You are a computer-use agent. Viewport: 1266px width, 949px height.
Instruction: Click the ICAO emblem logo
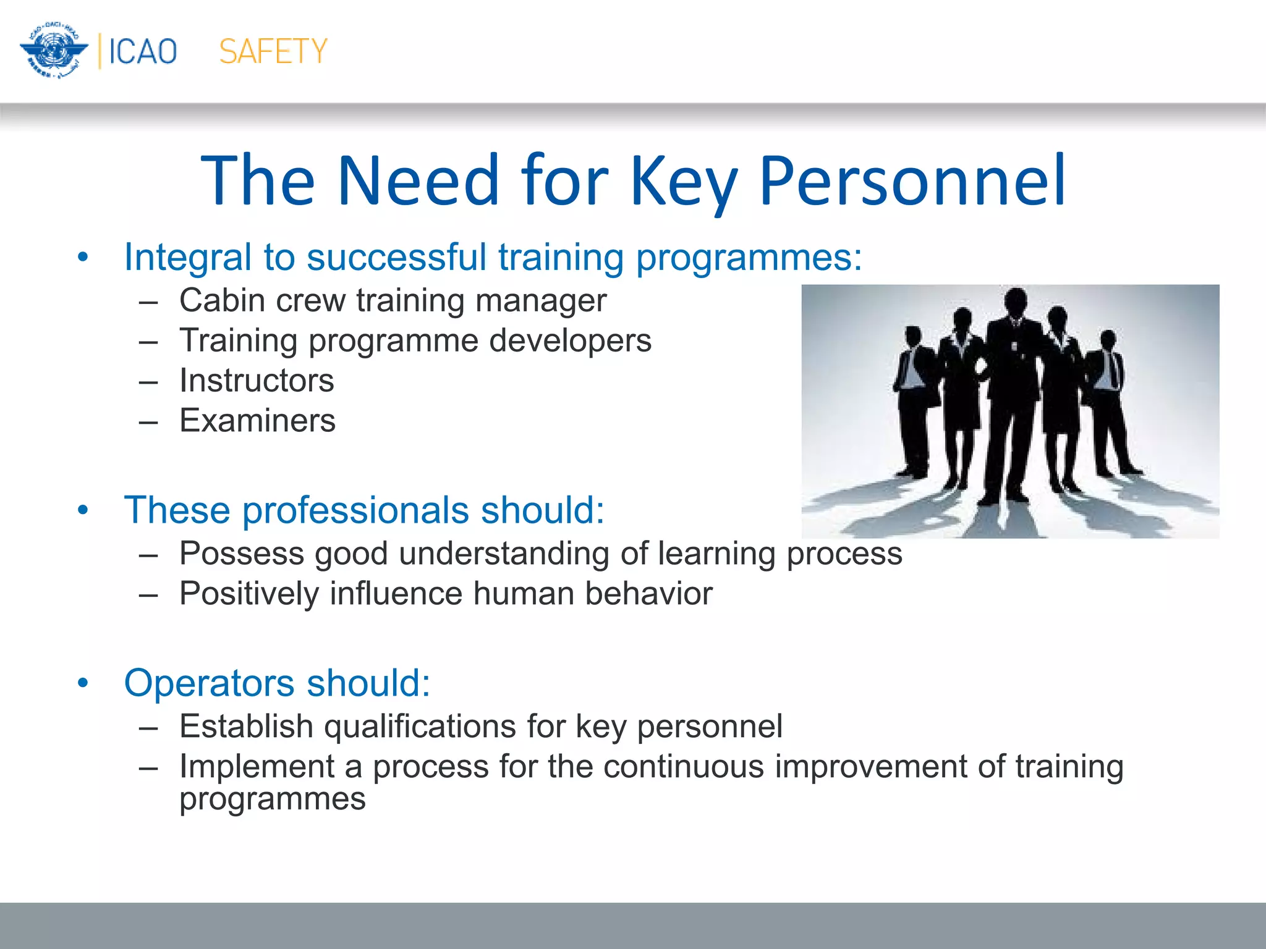click(x=54, y=51)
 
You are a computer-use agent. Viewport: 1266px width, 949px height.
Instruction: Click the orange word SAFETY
click(x=273, y=51)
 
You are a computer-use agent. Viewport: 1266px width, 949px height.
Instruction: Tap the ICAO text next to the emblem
click(x=143, y=51)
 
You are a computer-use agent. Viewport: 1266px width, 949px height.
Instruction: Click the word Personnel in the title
click(x=912, y=180)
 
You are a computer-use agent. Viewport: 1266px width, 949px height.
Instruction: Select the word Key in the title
click(x=683, y=180)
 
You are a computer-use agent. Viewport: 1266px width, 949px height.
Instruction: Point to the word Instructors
click(x=257, y=381)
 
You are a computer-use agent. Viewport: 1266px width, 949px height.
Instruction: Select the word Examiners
click(x=257, y=421)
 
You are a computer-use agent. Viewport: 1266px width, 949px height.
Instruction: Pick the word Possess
click(x=241, y=554)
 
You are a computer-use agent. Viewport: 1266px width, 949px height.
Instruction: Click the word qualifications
click(x=420, y=726)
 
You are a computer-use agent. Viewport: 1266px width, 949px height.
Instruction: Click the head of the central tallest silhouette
click(x=1015, y=302)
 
